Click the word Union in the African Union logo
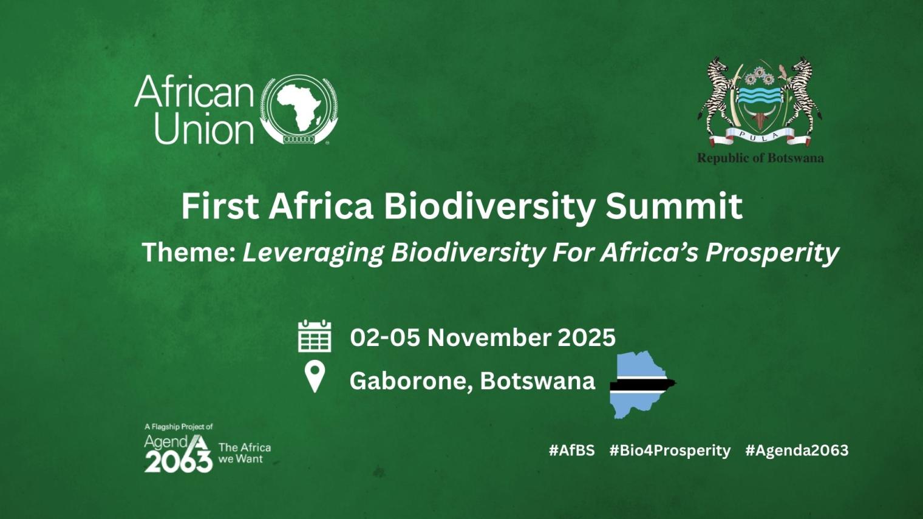point(203,129)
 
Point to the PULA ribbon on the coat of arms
point(760,137)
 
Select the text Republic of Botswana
point(760,158)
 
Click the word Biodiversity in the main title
point(489,206)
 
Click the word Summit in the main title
point(673,206)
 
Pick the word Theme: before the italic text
point(188,252)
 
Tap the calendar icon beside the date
point(315,336)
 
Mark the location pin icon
point(315,376)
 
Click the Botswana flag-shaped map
point(640,385)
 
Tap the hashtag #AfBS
point(571,450)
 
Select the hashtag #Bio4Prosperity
point(670,450)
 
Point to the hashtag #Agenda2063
point(797,450)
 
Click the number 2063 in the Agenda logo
point(178,463)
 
